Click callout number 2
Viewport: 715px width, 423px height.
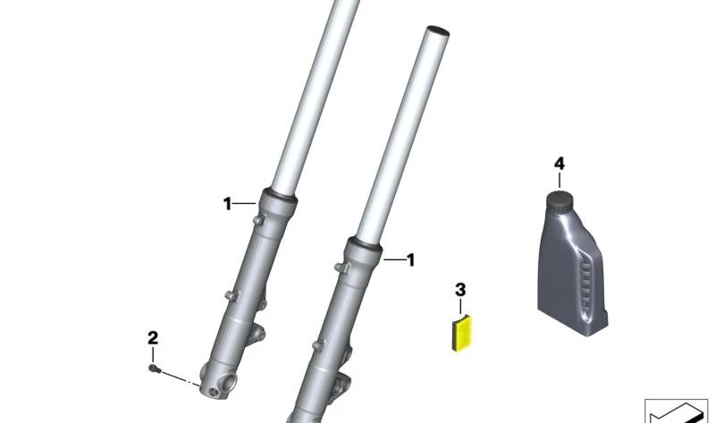153,338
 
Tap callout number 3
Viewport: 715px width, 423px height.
460,290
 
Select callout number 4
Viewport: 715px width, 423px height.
559,164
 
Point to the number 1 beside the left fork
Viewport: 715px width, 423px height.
227,204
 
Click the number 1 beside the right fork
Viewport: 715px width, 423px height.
411,260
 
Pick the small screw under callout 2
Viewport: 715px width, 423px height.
154,368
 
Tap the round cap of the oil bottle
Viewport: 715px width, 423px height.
559,201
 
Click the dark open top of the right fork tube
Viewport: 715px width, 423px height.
437,31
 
